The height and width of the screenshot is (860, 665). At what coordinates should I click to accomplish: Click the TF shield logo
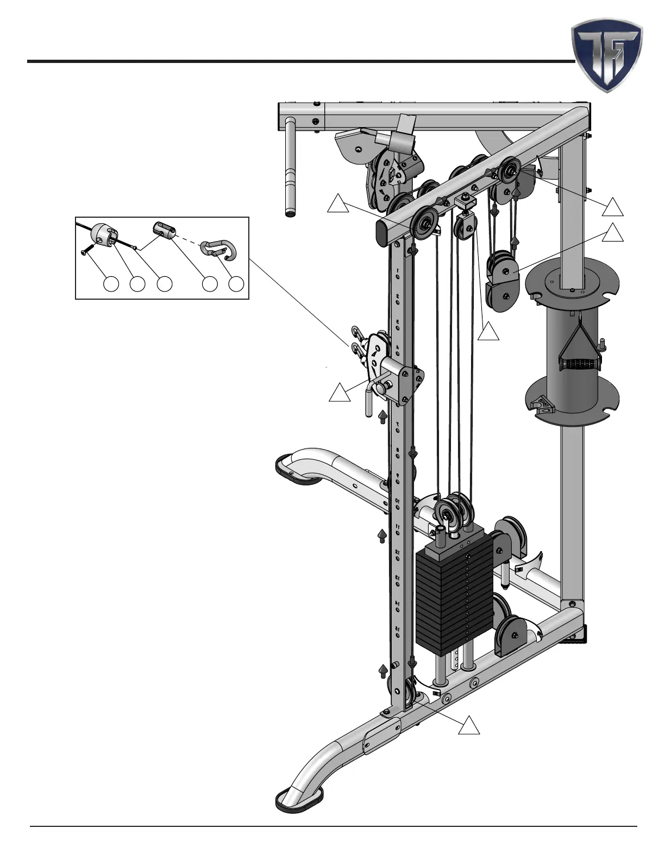tap(606, 56)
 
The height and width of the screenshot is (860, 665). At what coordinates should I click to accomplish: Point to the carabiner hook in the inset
tap(215, 249)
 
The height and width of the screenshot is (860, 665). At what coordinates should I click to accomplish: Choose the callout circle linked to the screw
tap(111, 283)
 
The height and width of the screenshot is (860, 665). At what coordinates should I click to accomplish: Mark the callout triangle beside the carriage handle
tap(338, 393)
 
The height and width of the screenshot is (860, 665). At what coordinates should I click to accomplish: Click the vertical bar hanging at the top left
tap(291, 168)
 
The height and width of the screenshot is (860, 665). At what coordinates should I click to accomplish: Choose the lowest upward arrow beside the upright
tap(383, 671)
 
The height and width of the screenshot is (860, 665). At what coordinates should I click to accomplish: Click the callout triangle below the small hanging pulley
tap(488, 332)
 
